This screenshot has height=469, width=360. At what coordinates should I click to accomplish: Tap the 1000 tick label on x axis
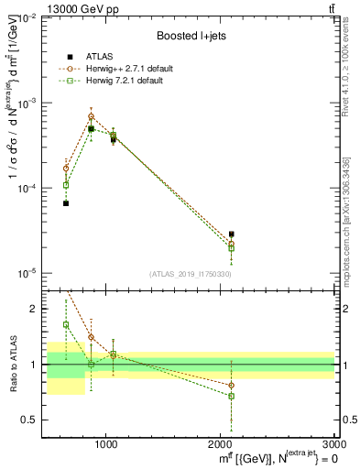click(106, 443)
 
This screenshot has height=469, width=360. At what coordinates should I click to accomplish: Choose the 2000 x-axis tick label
click(221, 443)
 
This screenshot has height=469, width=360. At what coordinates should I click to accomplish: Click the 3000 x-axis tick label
click(333, 443)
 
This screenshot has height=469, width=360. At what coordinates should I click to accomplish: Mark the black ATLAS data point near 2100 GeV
click(232, 234)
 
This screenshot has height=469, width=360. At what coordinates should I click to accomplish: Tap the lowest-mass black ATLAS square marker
click(66, 203)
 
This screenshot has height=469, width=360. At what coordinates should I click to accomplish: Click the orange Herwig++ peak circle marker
click(91, 116)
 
